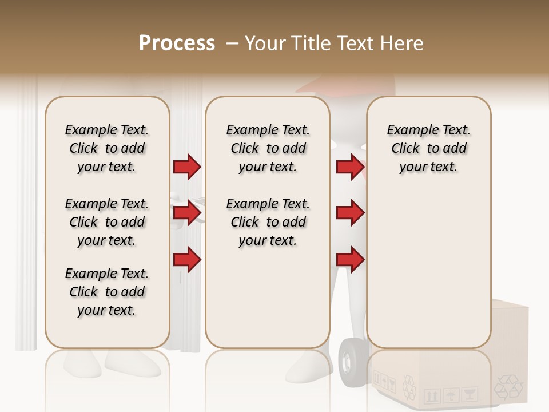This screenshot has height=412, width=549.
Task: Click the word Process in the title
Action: coord(177,43)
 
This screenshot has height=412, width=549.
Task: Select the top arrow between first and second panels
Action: coord(187,167)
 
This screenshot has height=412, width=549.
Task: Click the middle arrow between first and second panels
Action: coord(187,213)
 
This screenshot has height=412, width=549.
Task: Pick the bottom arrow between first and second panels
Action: coord(187,260)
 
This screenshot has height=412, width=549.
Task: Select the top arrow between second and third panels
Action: coord(350,167)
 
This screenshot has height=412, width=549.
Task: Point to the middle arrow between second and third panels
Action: coord(350,213)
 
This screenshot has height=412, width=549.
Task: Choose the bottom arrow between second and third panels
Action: coord(350,260)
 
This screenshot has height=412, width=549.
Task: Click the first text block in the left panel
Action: coord(107,148)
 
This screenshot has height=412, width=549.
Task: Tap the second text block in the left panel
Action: coord(107,222)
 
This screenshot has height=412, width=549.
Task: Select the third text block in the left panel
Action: coord(107,292)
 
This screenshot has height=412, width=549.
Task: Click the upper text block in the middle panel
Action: coord(268,148)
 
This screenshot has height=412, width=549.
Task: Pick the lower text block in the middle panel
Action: coord(268,222)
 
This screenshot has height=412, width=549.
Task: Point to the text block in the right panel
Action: coord(428,148)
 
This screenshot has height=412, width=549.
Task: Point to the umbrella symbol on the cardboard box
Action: coord(451,395)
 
